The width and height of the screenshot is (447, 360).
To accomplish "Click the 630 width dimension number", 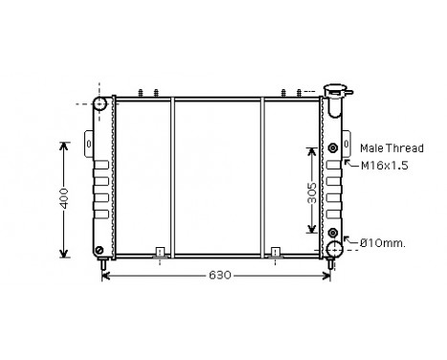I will click(x=219, y=276).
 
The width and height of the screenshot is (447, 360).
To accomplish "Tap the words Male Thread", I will click(x=391, y=147).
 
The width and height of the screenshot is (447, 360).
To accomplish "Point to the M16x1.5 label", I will click(x=383, y=166).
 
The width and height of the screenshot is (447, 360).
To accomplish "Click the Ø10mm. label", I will click(x=382, y=243).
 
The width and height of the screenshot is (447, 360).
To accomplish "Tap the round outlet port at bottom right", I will click(x=334, y=251).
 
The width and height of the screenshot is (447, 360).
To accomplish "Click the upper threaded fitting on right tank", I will click(x=332, y=147).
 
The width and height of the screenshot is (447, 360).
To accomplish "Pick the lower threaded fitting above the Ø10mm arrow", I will click(x=332, y=233).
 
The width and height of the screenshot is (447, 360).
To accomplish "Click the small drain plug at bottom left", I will click(x=101, y=253).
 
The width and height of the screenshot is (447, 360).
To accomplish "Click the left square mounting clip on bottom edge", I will click(x=161, y=254).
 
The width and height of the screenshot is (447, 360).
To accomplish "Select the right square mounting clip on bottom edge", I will click(x=276, y=254).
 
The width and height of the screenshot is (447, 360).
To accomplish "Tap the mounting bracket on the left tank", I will click(x=90, y=145).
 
